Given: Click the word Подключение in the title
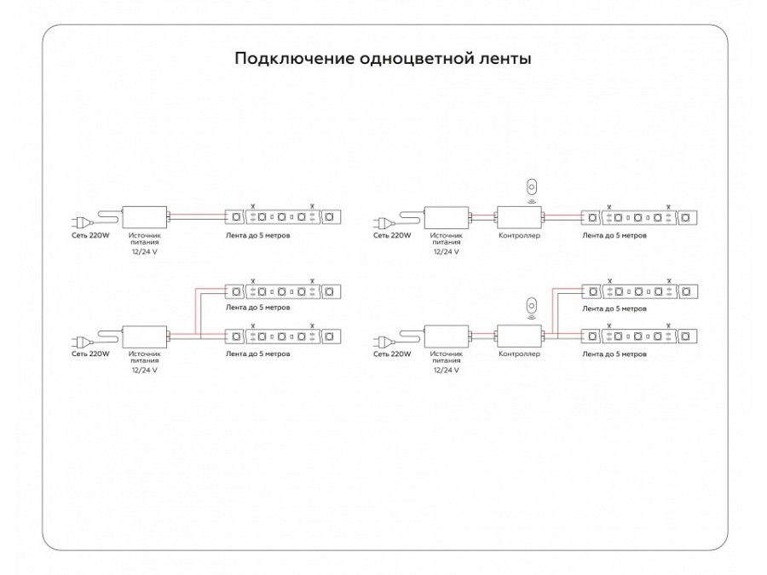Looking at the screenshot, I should coord(285,60).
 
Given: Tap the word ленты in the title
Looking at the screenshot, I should coord(509,60).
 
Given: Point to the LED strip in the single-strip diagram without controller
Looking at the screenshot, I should coord(283,217).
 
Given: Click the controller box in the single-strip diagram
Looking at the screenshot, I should coord(518,216).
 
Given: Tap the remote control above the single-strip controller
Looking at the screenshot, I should coord(532,187).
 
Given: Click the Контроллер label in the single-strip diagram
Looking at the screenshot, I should coord(518,235).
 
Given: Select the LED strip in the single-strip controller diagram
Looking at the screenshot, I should coord(638,217).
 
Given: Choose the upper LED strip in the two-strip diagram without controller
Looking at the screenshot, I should coord(283,291).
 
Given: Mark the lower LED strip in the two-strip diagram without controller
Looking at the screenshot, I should coord(283,336).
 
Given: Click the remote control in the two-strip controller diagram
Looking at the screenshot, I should coord(532,305).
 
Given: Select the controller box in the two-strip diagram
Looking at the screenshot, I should coord(518,335).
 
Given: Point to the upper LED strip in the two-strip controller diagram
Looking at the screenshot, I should coord(638,291).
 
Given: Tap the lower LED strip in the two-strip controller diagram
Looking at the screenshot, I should coord(638,336).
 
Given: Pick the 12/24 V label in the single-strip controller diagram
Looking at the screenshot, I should coord(447,252).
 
